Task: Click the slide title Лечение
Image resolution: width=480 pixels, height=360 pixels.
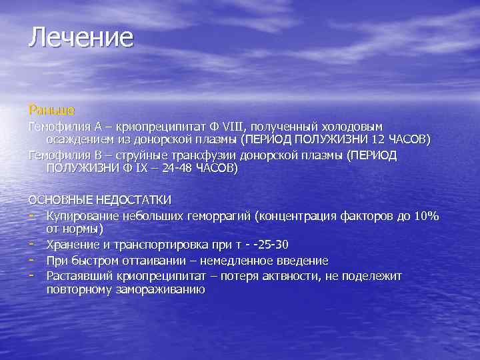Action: coord(81,37)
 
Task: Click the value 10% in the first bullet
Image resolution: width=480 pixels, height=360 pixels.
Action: coord(427,216)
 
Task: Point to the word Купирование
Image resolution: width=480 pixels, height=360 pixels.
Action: coord(85,216)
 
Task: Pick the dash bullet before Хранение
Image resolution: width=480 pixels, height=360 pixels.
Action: coord(32,245)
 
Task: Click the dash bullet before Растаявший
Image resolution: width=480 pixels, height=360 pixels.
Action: coord(32,275)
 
